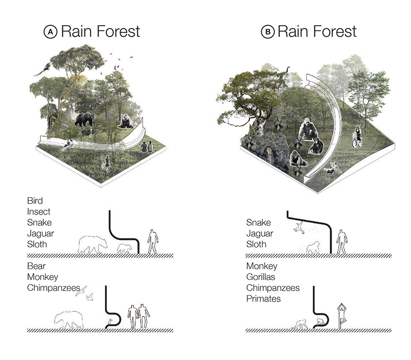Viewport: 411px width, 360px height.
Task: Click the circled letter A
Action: coord(51,32)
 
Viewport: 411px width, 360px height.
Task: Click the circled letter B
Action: coord(268,32)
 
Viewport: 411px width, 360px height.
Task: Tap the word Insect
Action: coord(39,212)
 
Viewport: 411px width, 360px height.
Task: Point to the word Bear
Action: coord(37,265)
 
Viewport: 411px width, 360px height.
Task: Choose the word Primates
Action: coord(264,299)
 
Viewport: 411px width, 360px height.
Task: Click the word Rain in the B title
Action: coord(291,32)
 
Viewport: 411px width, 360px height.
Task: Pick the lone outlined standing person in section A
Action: coord(153,241)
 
